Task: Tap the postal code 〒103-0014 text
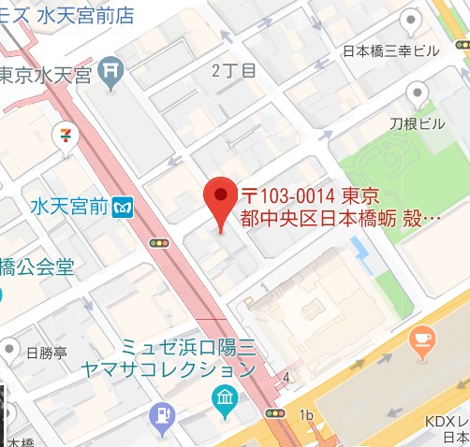(287, 197)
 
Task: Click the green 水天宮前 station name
(68, 205)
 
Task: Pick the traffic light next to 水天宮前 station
(160, 242)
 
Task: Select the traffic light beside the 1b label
(275, 411)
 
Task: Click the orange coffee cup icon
(422, 338)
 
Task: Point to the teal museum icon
(224, 401)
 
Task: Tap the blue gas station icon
(164, 412)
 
